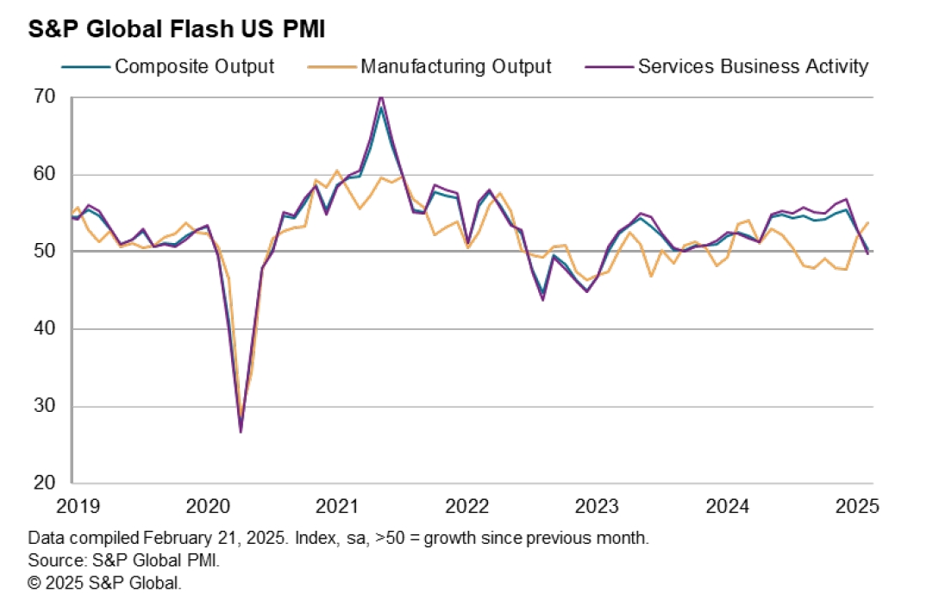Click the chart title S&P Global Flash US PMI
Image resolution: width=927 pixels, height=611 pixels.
[x=176, y=29]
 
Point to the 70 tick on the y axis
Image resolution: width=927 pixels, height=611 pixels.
[x=46, y=97]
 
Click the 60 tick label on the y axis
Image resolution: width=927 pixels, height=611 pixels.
[x=46, y=174]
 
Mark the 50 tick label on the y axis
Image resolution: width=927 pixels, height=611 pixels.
[x=46, y=252]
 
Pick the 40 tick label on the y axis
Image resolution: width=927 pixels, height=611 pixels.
[x=46, y=329]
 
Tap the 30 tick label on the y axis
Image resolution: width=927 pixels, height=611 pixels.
[x=46, y=406]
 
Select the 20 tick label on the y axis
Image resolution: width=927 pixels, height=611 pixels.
[x=46, y=483]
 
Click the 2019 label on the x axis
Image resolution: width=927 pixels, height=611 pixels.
[x=78, y=506]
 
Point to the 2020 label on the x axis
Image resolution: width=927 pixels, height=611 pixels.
[x=207, y=506]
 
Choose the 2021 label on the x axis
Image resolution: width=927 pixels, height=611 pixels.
[x=337, y=506]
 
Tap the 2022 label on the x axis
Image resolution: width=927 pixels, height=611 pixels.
[x=467, y=506]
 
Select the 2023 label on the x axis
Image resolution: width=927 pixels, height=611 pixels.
[x=598, y=506]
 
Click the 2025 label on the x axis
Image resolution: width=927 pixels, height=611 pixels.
[x=857, y=506]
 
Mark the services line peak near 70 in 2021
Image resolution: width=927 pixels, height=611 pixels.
[x=381, y=97]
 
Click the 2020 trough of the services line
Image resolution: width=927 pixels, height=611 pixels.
[x=241, y=431]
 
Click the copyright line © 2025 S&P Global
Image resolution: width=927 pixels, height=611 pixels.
[x=104, y=583]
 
